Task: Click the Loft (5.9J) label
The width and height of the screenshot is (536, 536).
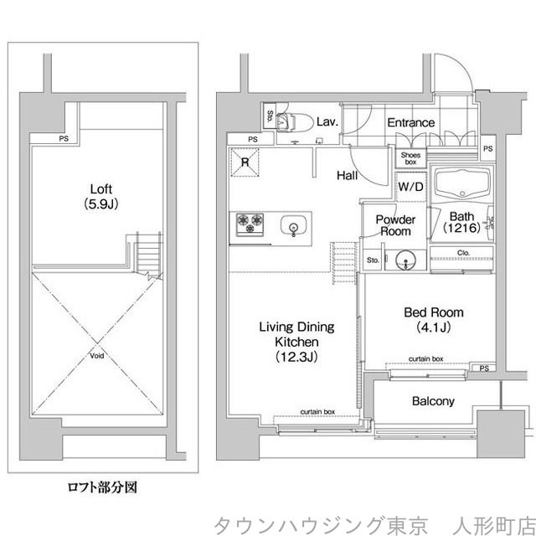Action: pyautogui.click(x=101, y=197)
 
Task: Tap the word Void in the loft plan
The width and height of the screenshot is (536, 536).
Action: pyautogui.click(x=97, y=356)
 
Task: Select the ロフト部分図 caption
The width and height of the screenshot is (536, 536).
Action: pyautogui.click(x=102, y=487)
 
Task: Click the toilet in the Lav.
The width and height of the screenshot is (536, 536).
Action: pyautogui.click(x=294, y=122)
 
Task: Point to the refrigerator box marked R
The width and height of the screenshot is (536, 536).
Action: pyautogui.click(x=245, y=162)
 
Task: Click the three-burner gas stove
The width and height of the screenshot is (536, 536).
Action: pyautogui.click(x=250, y=224)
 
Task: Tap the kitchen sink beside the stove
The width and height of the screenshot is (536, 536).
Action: pyautogui.click(x=294, y=225)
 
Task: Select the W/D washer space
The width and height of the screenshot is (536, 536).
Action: pyautogui.click(x=410, y=187)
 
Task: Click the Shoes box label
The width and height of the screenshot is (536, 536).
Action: pyautogui.click(x=410, y=158)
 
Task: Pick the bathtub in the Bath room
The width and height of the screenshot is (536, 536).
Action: pyautogui.click(x=462, y=185)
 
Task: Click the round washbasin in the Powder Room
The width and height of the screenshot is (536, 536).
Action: pyautogui.click(x=405, y=261)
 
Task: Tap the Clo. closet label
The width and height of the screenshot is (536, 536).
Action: pyautogui.click(x=463, y=253)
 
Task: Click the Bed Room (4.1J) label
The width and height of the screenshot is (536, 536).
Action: pyautogui.click(x=434, y=319)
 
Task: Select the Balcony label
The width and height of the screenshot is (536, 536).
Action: pyautogui.click(x=433, y=401)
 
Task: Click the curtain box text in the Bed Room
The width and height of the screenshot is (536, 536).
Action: pyautogui.click(x=426, y=359)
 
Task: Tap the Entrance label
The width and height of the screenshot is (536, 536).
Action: pyautogui.click(x=411, y=122)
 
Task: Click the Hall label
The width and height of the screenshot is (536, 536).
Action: pyautogui.click(x=348, y=175)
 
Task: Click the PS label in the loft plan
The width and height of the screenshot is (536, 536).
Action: pyautogui.click(x=64, y=138)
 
